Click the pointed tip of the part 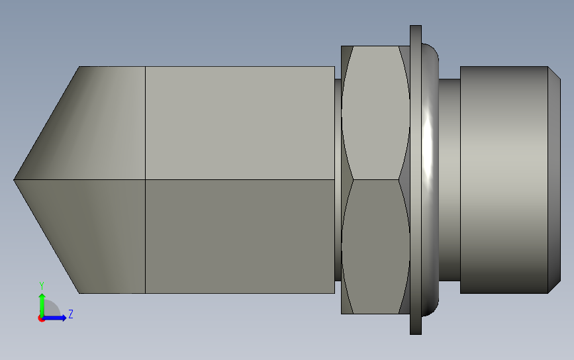(x=15, y=179)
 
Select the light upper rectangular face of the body (x=240, y=123)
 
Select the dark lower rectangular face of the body (x=240, y=236)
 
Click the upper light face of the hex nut (x=375, y=112)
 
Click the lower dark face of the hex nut (x=375, y=247)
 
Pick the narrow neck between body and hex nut (x=338, y=179)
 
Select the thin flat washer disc (x=416, y=179)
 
